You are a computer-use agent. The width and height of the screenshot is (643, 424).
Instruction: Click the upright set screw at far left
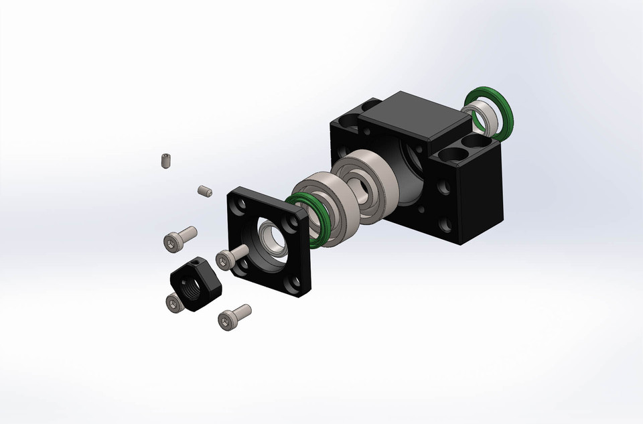pos(165,161)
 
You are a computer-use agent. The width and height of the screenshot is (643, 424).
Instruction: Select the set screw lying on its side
pos(205,192)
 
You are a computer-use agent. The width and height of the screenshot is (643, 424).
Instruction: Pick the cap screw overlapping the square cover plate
pos(230,257)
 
